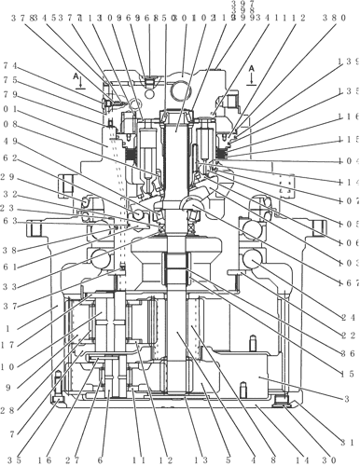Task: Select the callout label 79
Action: pyautogui.click(x=9, y=94)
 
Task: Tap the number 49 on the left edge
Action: pyautogui.click(x=9, y=142)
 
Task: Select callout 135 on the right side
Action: pyautogui.click(x=349, y=91)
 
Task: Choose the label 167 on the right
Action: pyautogui.click(x=349, y=282)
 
